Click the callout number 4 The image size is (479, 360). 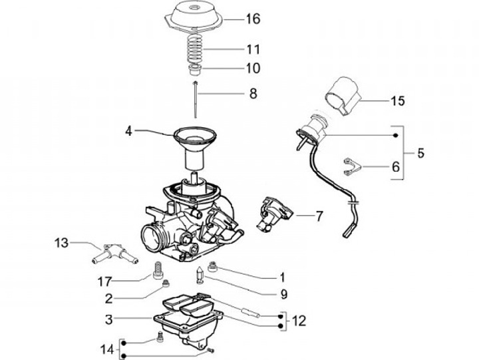(130, 132)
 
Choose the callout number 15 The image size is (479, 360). (399, 101)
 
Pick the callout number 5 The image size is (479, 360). (420, 153)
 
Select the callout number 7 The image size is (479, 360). (319, 216)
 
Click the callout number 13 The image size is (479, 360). (61, 244)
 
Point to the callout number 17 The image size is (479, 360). (105, 279)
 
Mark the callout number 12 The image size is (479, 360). (299, 321)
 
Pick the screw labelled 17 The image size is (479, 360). (158, 270)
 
